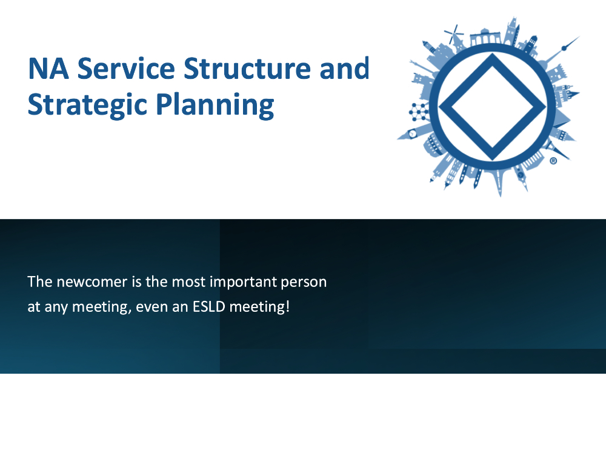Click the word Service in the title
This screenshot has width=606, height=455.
126,69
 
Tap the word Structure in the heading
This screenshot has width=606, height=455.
247,69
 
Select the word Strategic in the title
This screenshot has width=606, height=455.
87,105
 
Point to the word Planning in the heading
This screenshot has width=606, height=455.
215,105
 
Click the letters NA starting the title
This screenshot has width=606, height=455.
48,69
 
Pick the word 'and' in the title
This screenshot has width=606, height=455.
345,69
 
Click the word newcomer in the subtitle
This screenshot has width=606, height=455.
92,282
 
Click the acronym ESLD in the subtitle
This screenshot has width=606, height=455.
208,307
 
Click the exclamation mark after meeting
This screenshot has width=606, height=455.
287,306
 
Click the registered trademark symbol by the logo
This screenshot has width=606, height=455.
553,161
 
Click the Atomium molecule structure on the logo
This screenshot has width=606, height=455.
419,112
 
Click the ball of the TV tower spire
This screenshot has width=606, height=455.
564,49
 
